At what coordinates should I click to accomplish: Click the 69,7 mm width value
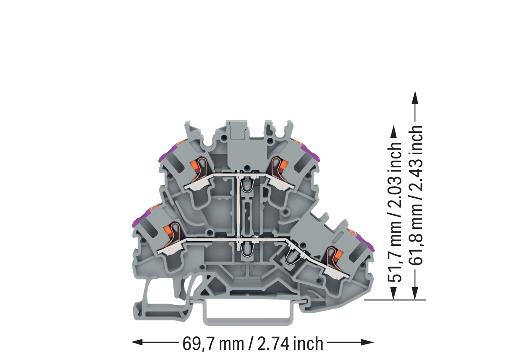point(213,344)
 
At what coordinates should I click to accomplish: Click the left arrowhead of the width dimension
point(137,342)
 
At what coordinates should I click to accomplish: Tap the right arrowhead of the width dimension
point(368,342)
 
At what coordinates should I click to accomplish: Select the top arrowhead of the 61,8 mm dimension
point(415,97)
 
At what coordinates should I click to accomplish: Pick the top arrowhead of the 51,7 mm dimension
point(393,132)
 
